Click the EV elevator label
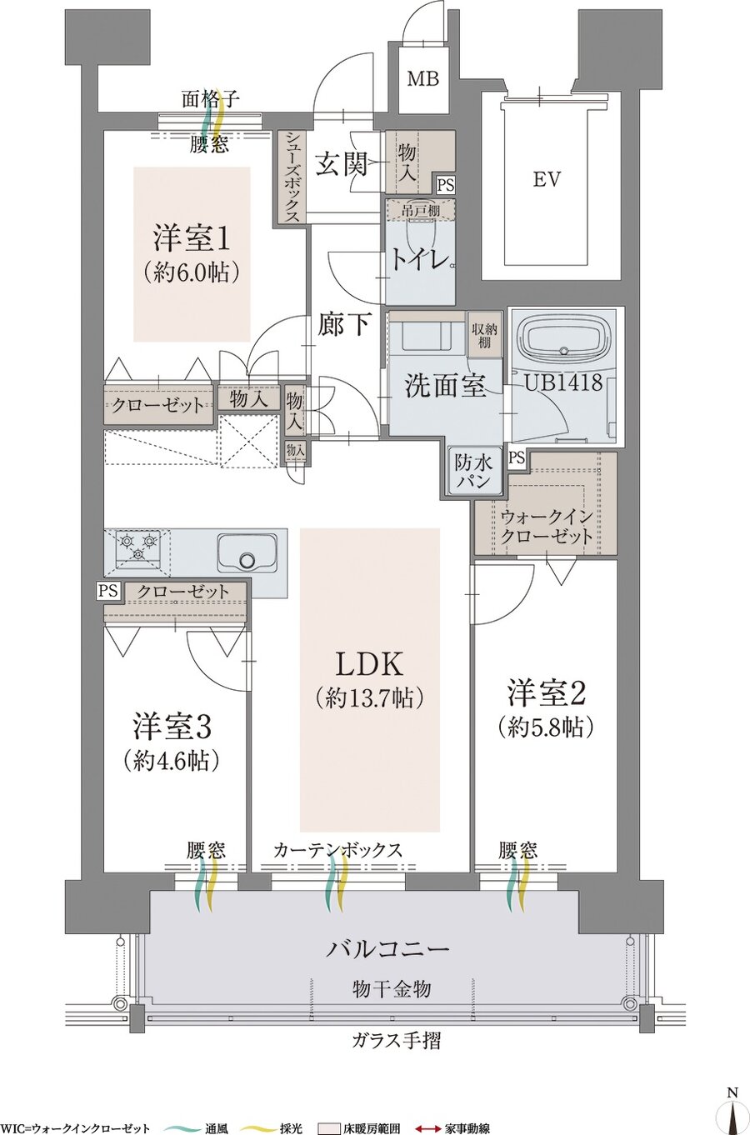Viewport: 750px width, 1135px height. [x=547, y=179]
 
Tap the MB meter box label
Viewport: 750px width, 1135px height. [x=423, y=79]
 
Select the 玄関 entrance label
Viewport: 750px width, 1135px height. [x=342, y=164]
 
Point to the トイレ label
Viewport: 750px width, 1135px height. [x=420, y=260]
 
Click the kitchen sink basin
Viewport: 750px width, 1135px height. [x=247, y=552]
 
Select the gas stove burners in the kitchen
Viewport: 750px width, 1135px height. [x=136, y=547]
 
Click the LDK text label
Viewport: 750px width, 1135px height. [x=369, y=664]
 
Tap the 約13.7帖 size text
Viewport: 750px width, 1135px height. [x=369, y=697]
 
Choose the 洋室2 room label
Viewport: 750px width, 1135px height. [x=547, y=692]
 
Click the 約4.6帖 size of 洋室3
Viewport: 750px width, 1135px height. [x=171, y=760]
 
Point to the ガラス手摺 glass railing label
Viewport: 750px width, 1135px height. [x=396, y=1040]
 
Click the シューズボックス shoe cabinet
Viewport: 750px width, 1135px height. [x=292, y=177]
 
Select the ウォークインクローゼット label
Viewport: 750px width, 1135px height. [x=547, y=526]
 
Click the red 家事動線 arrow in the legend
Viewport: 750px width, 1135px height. [x=428, y=1129]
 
